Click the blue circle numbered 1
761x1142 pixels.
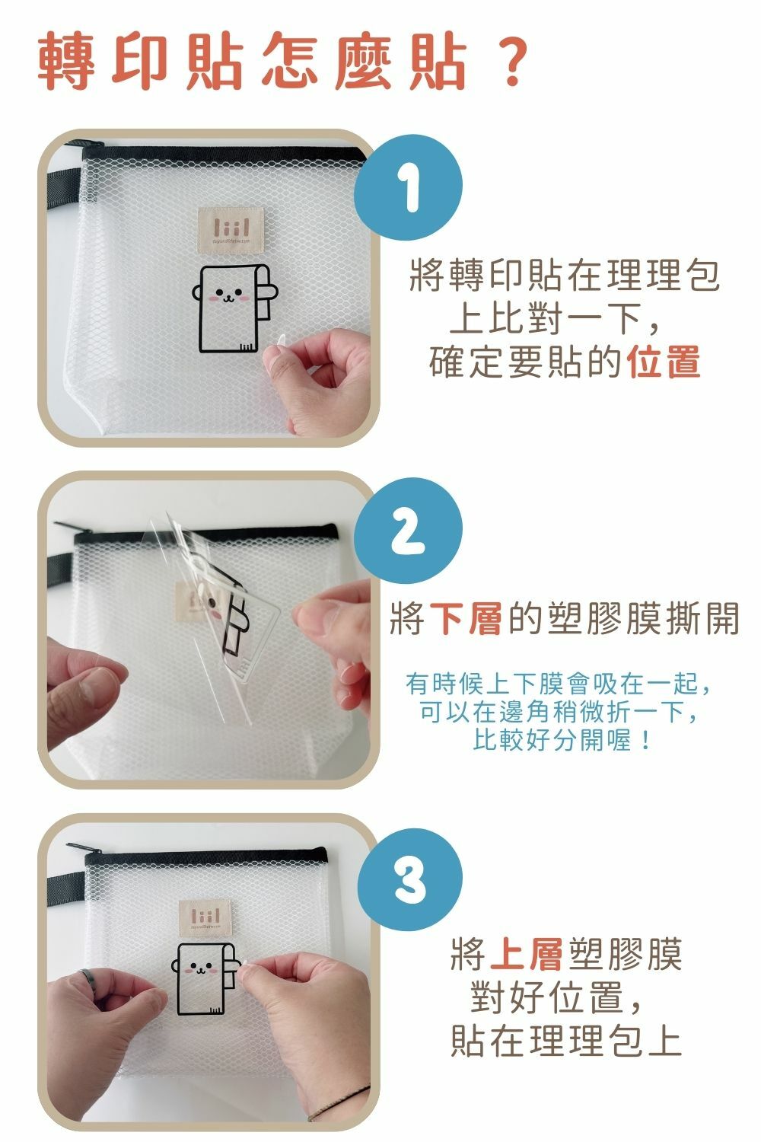tap(409, 188)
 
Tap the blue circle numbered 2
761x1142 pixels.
tap(409, 531)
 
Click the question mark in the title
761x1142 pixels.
tap(510, 60)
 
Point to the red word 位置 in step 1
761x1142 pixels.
tap(664, 362)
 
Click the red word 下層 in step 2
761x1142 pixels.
tap(466, 618)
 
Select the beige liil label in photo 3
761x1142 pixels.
tap(205, 917)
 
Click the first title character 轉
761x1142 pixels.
tap(66, 60)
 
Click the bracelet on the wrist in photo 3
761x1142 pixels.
tap(336, 1104)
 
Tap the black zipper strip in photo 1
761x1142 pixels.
tap(224, 154)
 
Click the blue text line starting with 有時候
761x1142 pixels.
tap(558, 684)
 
